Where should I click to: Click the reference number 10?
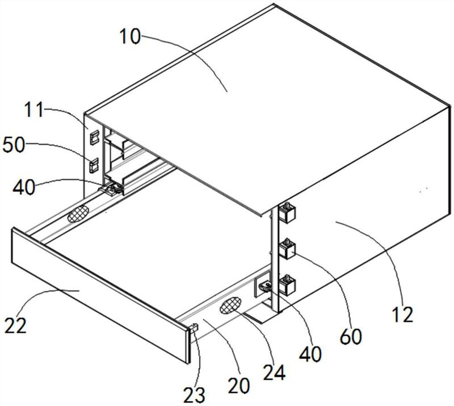[130, 37]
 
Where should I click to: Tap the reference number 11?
[33, 109]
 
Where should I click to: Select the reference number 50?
[14, 145]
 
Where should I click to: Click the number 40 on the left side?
[24, 187]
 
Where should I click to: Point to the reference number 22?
[16, 325]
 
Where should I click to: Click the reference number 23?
[194, 395]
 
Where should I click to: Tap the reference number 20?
[238, 386]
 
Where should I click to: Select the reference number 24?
[274, 372]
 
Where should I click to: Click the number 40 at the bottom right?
[310, 354]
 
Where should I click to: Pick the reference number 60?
[351, 337]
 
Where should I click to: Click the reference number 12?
[402, 315]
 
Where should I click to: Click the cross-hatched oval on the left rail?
[78, 214]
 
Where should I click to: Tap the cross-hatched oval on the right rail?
[230, 305]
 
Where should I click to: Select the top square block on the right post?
[287, 212]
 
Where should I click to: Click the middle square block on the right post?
[287, 248]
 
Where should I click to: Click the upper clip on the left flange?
[94, 137]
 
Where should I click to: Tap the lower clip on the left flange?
[94, 165]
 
